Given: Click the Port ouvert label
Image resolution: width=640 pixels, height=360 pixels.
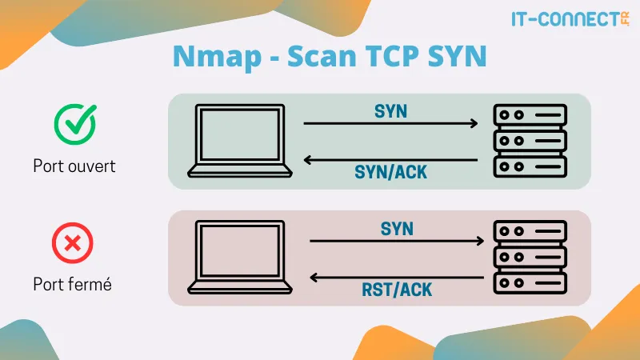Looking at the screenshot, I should (x=74, y=166).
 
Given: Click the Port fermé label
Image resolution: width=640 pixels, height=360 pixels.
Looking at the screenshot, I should (x=72, y=284).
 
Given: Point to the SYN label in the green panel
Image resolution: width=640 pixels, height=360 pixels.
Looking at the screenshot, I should (x=390, y=111).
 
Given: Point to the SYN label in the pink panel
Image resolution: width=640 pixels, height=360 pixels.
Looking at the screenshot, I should (x=397, y=229).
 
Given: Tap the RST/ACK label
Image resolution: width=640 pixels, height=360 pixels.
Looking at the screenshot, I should (x=397, y=289).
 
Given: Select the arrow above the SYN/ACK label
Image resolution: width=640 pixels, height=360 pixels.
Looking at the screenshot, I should (x=390, y=160).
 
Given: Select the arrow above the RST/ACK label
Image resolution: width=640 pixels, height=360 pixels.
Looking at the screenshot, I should (x=397, y=278).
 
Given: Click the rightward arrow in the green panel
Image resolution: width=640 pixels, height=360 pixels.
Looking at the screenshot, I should (x=390, y=124).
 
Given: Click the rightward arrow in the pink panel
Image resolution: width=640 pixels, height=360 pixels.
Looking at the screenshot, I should (x=397, y=241).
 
